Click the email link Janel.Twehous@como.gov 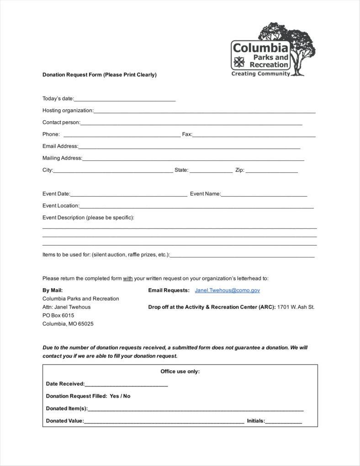[227, 290]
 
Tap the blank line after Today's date [125, 99]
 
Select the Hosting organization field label [68, 110]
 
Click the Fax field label [187, 134]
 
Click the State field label [181, 170]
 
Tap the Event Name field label [205, 194]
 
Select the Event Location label [61, 206]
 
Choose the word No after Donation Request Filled [127, 396]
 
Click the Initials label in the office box [256, 421]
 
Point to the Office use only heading [180, 371]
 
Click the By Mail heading [53, 290]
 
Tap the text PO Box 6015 [58, 316]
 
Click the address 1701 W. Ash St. [296, 307]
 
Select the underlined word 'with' [128, 278]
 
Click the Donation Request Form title [100, 75]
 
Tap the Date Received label [65, 384]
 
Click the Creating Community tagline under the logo [260, 74]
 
